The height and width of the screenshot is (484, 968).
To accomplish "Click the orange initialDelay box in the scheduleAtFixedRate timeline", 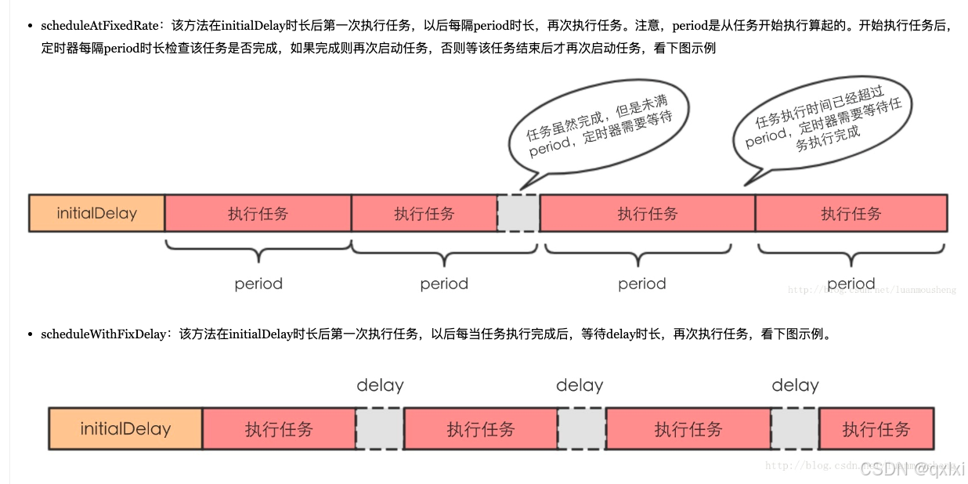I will (96, 213).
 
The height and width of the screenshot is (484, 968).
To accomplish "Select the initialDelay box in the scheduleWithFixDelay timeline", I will (125, 428).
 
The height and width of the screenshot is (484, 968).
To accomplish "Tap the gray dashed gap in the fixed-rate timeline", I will (518, 213).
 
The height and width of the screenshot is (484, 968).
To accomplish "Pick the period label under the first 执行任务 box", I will (258, 284).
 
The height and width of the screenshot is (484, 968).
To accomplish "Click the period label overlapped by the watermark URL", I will (851, 284).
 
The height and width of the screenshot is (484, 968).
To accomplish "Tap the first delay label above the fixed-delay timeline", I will (380, 385).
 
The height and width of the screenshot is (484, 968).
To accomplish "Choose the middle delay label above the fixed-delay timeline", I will (580, 385).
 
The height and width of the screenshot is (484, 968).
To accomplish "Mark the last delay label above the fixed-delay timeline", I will (795, 385).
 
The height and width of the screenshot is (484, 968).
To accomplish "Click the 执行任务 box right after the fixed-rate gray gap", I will (647, 213).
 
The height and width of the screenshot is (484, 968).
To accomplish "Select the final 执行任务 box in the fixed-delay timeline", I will (876, 428).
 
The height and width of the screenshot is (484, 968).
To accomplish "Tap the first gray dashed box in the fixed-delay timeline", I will (380, 428).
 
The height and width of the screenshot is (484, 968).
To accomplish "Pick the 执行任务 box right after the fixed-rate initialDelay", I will (258, 213).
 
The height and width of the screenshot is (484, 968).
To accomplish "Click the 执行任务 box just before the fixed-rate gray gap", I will (424, 213).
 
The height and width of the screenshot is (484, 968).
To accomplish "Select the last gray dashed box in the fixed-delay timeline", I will (795, 428).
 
